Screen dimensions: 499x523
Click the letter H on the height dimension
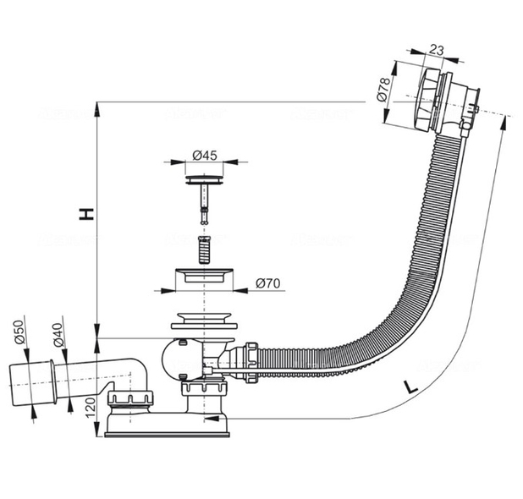[85, 214]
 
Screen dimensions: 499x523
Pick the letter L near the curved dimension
[410, 387]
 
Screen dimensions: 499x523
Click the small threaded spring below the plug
[203, 249]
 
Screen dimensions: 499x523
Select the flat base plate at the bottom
[167, 433]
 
